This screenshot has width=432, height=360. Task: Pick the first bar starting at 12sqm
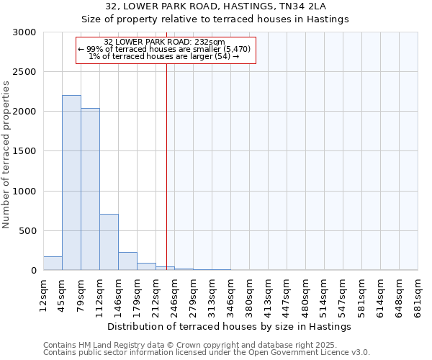(x=53, y=264)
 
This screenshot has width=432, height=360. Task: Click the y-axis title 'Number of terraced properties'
(x=6, y=155)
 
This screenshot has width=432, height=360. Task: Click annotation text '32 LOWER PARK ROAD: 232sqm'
(x=165, y=42)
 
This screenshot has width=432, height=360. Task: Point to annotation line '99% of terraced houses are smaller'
(x=165, y=49)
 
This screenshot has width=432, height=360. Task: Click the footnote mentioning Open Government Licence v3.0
(x=207, y=353)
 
